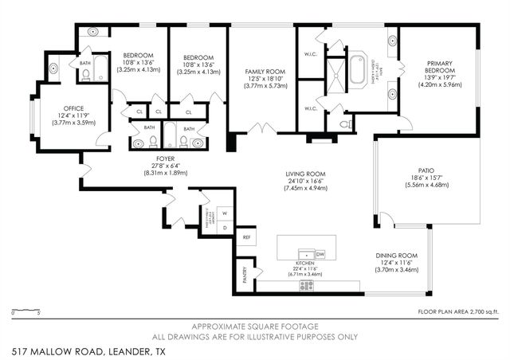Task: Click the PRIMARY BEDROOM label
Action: click(440, 64)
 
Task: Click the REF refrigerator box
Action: click(246, 237)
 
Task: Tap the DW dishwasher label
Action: click(320, 254)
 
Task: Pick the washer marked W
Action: click(224, 213)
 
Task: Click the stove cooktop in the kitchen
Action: click(307, 284)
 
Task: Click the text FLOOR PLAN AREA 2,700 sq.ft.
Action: click(458, 311)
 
